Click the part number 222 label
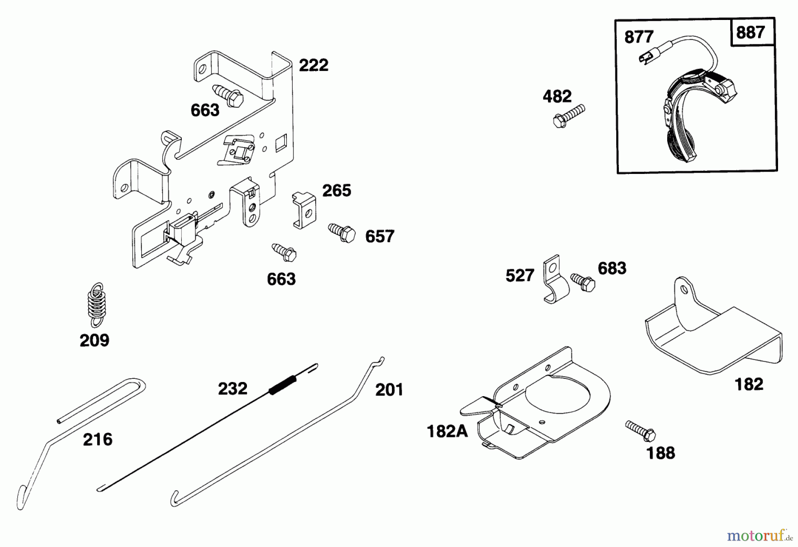(x=313, y=65)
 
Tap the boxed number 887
(x=750, y=32)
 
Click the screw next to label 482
(x=568, y=116)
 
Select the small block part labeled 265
(x=305, y=210)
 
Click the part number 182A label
(x=447, y=431)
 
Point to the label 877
(x=638, y=37)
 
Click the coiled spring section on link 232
(x=282, y=384)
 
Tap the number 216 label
(x=98, y=439)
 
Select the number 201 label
(x=389, y=390)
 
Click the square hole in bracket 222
(x=281, y=144)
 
